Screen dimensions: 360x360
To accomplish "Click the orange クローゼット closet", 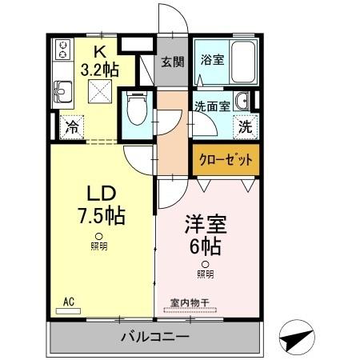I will [225, 159].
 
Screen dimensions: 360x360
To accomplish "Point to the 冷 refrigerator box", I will [72, 126].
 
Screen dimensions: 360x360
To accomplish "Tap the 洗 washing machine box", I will [245, 126].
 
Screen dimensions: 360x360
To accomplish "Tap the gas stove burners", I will [61, 53].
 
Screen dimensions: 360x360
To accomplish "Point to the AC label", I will [69, 301].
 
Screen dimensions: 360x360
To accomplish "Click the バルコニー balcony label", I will [154, 336].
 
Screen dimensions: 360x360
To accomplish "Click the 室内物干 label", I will [189, 303].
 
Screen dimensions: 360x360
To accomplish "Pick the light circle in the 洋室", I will [205, 264].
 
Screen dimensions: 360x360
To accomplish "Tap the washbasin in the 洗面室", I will [241, 102].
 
